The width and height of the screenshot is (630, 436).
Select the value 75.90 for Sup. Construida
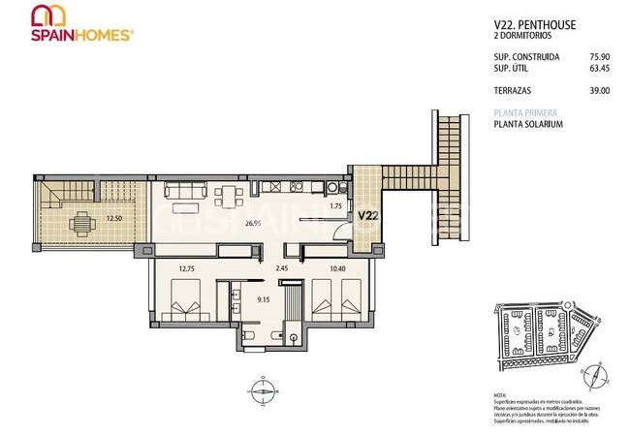point(598,56)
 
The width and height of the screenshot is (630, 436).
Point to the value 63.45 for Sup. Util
point(598,68)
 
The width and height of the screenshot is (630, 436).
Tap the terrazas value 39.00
point(600,90)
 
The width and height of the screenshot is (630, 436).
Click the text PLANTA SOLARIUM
point(528,124)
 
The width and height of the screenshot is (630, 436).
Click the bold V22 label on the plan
point(368,215)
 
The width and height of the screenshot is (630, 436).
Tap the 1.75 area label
point(336,205)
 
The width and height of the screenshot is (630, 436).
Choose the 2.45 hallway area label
point(283,266)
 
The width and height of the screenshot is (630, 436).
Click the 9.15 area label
point(261,299)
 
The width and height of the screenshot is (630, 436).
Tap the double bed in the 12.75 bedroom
point(183,301)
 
